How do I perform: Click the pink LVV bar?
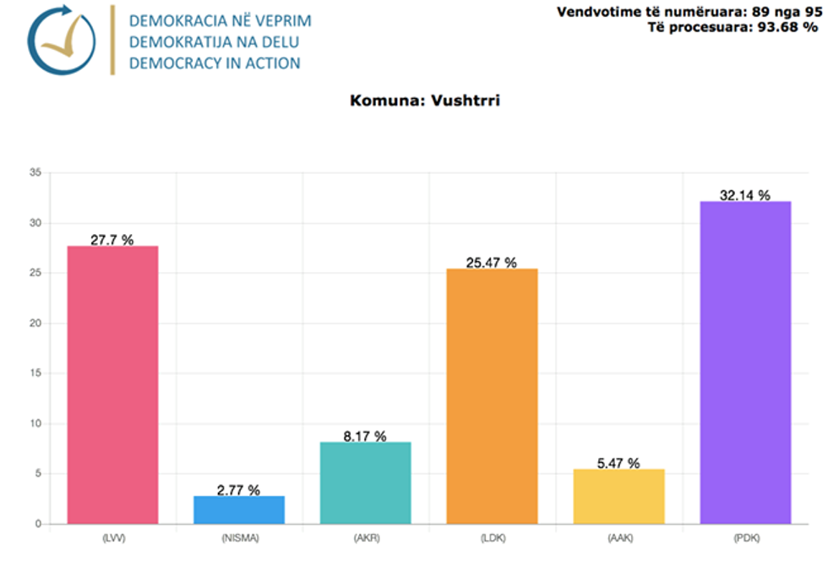click(112, 384)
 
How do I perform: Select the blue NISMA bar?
click(239, 509)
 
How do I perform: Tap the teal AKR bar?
click(366, 482)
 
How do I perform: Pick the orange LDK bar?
click(492, 395)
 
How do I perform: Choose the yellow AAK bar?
click(618, 496)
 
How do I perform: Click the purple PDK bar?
click(745, 362)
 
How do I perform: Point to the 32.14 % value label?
click(744, 195)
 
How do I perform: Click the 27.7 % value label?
click(112, 240)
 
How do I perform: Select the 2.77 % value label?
click(238, 490)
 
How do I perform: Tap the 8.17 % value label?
click(365, 436)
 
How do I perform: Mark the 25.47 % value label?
click(491, 263)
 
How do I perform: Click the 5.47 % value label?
click(618, 463)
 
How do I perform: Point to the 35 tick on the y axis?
click(35, 173)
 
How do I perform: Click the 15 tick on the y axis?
click(35, 373)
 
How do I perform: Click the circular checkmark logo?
click(61, 40)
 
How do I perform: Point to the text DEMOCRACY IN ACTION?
click(215, 63)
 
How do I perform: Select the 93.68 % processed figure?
click(787, 27)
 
